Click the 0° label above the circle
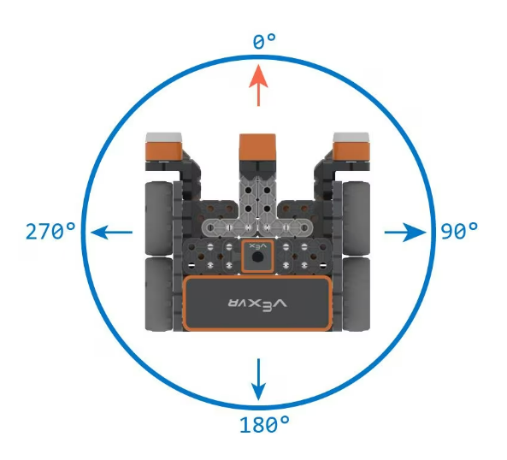264,41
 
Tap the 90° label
459,231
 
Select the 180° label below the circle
264,424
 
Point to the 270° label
50,231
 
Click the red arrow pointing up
258,86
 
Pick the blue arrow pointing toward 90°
405,232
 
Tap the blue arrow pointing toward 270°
111,232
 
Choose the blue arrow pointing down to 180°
258,379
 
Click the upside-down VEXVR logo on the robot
257,304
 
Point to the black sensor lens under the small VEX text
257,257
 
